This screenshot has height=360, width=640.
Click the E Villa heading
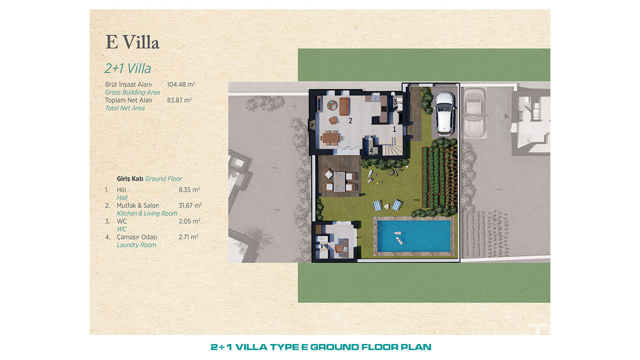[132, 42]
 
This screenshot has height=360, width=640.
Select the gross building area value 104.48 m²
[181, 85]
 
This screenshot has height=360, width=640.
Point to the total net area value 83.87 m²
[179, 100]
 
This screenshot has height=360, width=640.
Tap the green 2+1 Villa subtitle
[128, 69]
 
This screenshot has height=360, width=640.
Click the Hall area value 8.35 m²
[189, 190]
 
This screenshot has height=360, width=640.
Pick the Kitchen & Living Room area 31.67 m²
[190, 206]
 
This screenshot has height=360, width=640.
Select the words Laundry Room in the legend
[136, 245]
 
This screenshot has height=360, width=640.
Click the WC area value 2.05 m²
[189, 221]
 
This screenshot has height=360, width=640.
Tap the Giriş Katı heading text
[130, 179]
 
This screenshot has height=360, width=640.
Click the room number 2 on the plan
[350, 121]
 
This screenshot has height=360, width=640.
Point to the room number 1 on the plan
[394, 129]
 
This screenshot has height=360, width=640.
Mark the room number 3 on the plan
[395, 101]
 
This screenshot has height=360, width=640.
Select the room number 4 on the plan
[371, 150]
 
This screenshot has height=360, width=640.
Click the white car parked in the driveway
[444, 113]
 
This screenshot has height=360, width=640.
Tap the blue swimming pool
[414, 236]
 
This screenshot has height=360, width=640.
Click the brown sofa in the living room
[345, 106]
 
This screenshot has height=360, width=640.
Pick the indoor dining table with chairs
[331, 138]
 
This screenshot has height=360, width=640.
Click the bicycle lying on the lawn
[395, 171]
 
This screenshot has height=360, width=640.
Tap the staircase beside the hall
[393, 147]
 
